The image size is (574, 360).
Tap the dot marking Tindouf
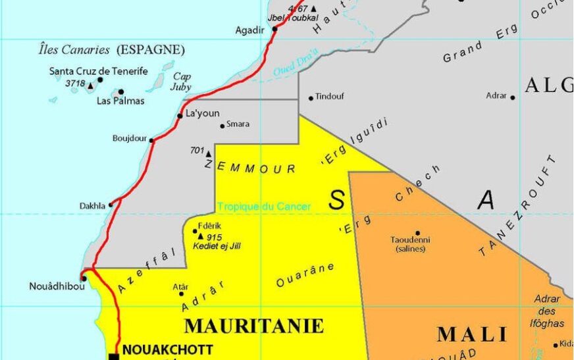point(311,99)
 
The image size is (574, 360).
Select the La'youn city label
point(202,113)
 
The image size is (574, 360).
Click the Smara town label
point(238,124)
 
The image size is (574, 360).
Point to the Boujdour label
point(130,139)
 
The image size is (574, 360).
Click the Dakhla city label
point(92,205)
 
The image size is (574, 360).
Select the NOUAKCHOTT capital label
point(168,349)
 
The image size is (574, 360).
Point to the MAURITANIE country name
point(254,326)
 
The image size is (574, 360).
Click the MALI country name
point(473,334)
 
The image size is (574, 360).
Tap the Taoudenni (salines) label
point(410,244)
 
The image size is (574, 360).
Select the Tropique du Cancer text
point(264,207)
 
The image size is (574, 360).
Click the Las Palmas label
point(120,101)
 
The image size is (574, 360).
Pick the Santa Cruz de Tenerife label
point(99,71)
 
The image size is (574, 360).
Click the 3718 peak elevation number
point(75,84)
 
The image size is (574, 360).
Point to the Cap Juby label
point(182,81)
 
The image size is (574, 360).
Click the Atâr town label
point(180,287)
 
